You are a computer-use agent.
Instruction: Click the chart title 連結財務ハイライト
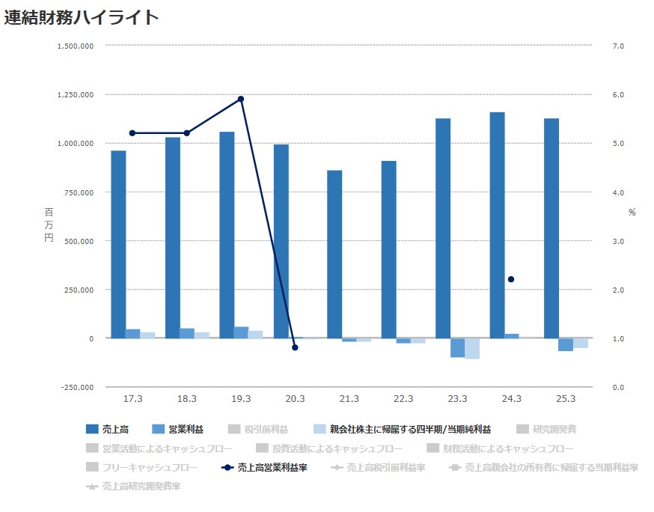[82, 17]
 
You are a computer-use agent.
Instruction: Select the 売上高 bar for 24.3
[497, 225]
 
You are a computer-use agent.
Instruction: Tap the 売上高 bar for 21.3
[334, 255]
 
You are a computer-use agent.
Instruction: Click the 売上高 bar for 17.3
[118, 244]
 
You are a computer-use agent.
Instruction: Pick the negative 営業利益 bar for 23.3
[457, 347]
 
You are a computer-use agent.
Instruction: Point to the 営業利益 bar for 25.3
[566, 344]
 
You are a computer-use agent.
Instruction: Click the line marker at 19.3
[241, 99]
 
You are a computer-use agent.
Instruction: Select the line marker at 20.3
[295, 347]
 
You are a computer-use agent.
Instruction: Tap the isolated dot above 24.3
[511, 279]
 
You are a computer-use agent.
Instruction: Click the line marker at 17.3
[132, 133]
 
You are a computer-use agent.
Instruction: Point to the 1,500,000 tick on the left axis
[75, 46]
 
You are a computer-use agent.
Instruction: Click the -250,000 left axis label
[76, 387]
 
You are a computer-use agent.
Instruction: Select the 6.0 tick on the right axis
[618, 94]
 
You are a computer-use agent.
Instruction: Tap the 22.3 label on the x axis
[403, 399]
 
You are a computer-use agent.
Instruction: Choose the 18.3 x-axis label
[187, 399]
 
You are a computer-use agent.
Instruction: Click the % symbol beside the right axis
[632, 213]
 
